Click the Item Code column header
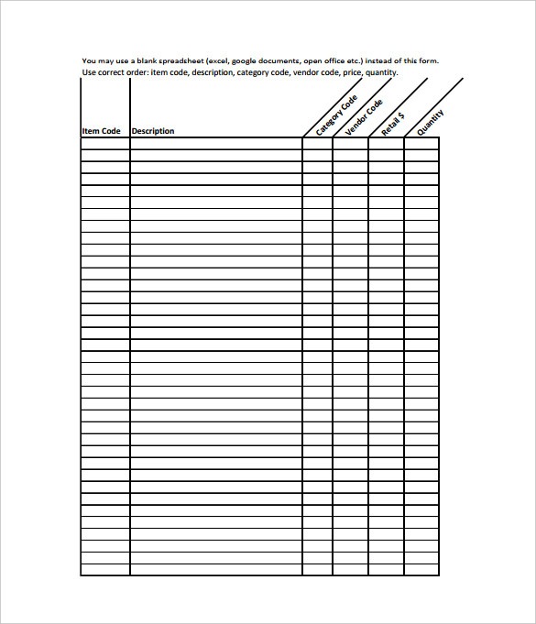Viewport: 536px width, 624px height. pos(101,131)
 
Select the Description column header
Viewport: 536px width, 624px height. pos(152,131)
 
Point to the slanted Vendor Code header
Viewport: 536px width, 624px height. pos(364,117)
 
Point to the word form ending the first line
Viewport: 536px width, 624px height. pos(427,61)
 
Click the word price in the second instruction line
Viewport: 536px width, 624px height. pos(350,71)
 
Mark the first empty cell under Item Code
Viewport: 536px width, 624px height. pos(105,143)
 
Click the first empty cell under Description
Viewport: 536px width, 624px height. pos(216,143)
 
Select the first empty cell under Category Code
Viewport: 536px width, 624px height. pos(317,143)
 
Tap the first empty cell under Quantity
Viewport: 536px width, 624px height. pos(421,143)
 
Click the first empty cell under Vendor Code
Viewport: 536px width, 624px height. pos(350,143)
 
